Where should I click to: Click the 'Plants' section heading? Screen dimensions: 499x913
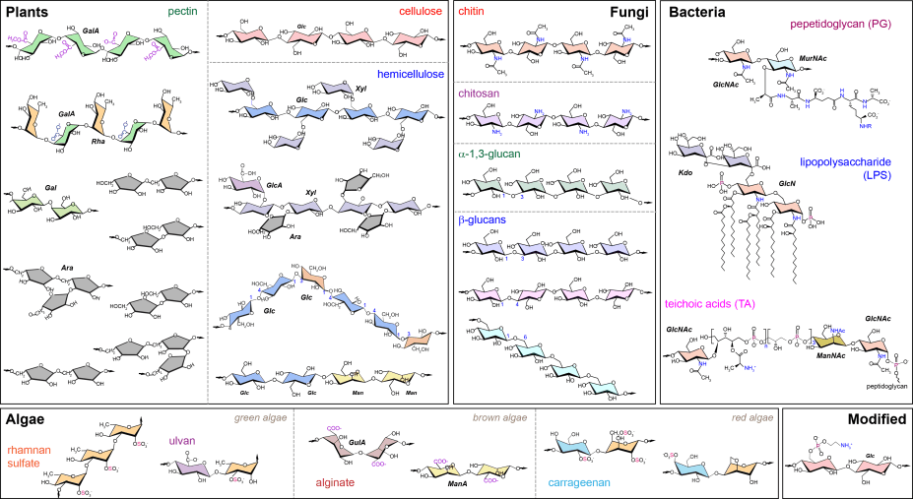coord(30,12)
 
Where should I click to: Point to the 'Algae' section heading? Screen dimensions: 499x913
coord(30,419)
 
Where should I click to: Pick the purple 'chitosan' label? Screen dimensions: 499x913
coord(482,93)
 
